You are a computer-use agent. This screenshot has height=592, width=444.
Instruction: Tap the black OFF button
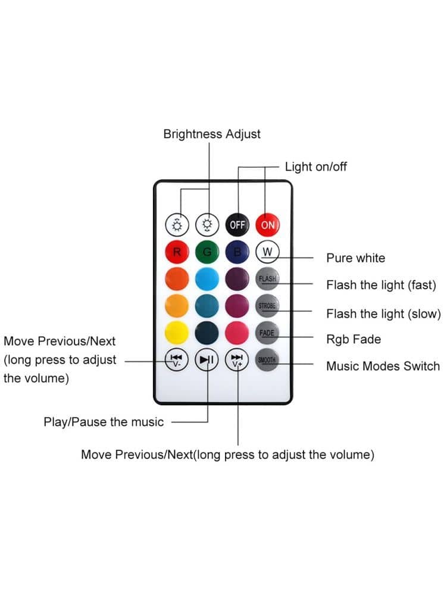pos(237,225)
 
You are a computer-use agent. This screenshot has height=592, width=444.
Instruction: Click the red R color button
pos(177,252)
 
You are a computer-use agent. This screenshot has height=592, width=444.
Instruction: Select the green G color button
pos(207,252)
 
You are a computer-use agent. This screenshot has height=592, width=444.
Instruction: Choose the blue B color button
pos(237,252)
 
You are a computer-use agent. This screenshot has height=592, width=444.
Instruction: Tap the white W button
pos(267,252)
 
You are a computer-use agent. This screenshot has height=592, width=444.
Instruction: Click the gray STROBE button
pos(267,306)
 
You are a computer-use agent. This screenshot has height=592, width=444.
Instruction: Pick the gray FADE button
pos(267,333)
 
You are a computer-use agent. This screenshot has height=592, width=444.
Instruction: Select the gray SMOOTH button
pos(267,360)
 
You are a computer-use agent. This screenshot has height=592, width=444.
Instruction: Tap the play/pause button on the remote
pos(207,360)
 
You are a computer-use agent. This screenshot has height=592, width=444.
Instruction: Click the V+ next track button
pos(237,360)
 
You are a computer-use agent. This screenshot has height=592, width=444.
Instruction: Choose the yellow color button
pos(177,333)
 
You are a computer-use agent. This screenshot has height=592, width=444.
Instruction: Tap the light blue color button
pos(207,278)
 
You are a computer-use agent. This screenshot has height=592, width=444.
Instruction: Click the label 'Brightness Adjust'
pos(212,134)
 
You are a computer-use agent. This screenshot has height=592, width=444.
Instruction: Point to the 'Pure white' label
pos(355,258)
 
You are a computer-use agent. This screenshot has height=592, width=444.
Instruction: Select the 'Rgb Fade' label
pos(354,339)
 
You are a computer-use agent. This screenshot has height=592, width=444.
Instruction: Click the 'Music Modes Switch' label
pos(383,366)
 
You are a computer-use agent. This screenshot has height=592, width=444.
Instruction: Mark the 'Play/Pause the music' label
pos(104,422)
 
